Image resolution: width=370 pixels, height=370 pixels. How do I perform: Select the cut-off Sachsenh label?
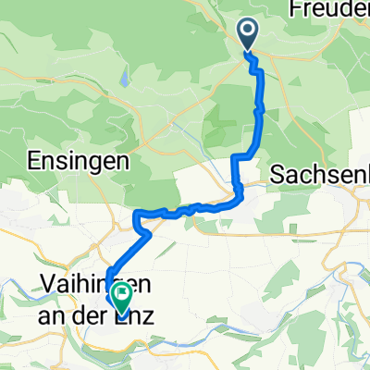[318, 174]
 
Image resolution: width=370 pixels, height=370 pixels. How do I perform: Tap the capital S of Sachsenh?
[277, 174]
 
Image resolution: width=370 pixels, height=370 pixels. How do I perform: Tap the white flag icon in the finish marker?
[120, 294]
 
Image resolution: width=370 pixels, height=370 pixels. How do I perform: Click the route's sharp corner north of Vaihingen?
[137, 216]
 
